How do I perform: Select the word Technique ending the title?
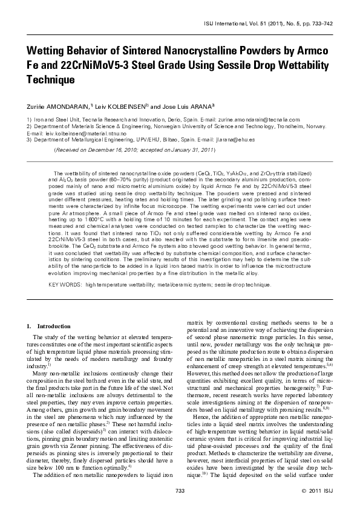(50, 79)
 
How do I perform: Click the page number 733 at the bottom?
(180, 490)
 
